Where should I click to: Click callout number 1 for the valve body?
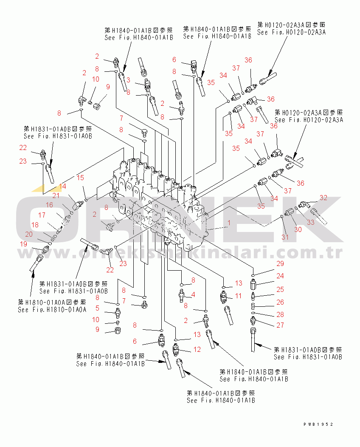click(229, 223)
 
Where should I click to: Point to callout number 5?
click(97, 308)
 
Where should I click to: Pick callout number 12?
click(197, 349)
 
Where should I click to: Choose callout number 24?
click(280, 276)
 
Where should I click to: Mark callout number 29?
click(280, 264)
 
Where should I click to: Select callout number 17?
click(42, 215)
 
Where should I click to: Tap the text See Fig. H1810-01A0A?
click(52, 310)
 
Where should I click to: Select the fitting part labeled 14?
click(77, 204)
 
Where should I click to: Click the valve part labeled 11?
click(225, 296)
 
